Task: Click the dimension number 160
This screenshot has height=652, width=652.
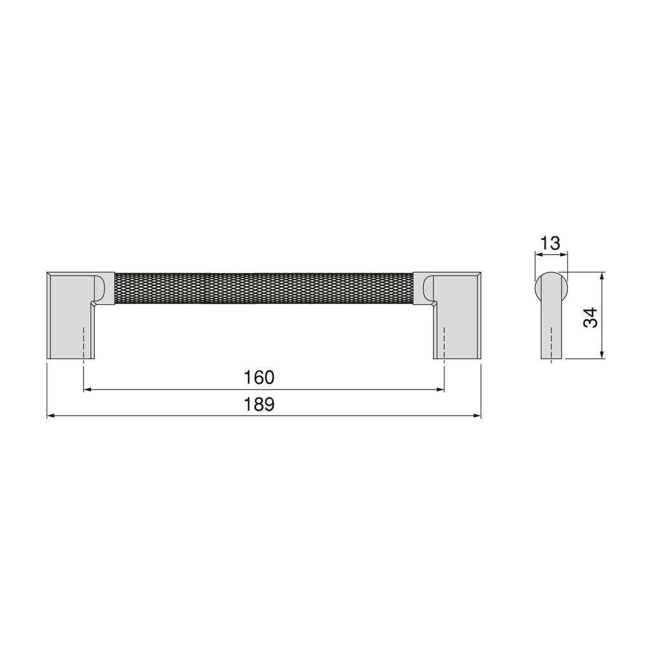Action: point(259,378)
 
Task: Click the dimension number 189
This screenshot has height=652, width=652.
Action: point(259,404)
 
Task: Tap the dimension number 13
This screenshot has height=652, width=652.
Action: point(549,243)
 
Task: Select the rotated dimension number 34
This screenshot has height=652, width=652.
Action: point(592,317)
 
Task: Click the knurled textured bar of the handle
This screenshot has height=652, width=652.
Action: point(263,288)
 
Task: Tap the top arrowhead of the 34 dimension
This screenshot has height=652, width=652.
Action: point(602,276)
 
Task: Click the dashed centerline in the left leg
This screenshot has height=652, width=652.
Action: point(83,344)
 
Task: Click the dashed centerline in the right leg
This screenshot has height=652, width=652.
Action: point(444,344)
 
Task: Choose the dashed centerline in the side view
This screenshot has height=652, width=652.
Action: point(551,344)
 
